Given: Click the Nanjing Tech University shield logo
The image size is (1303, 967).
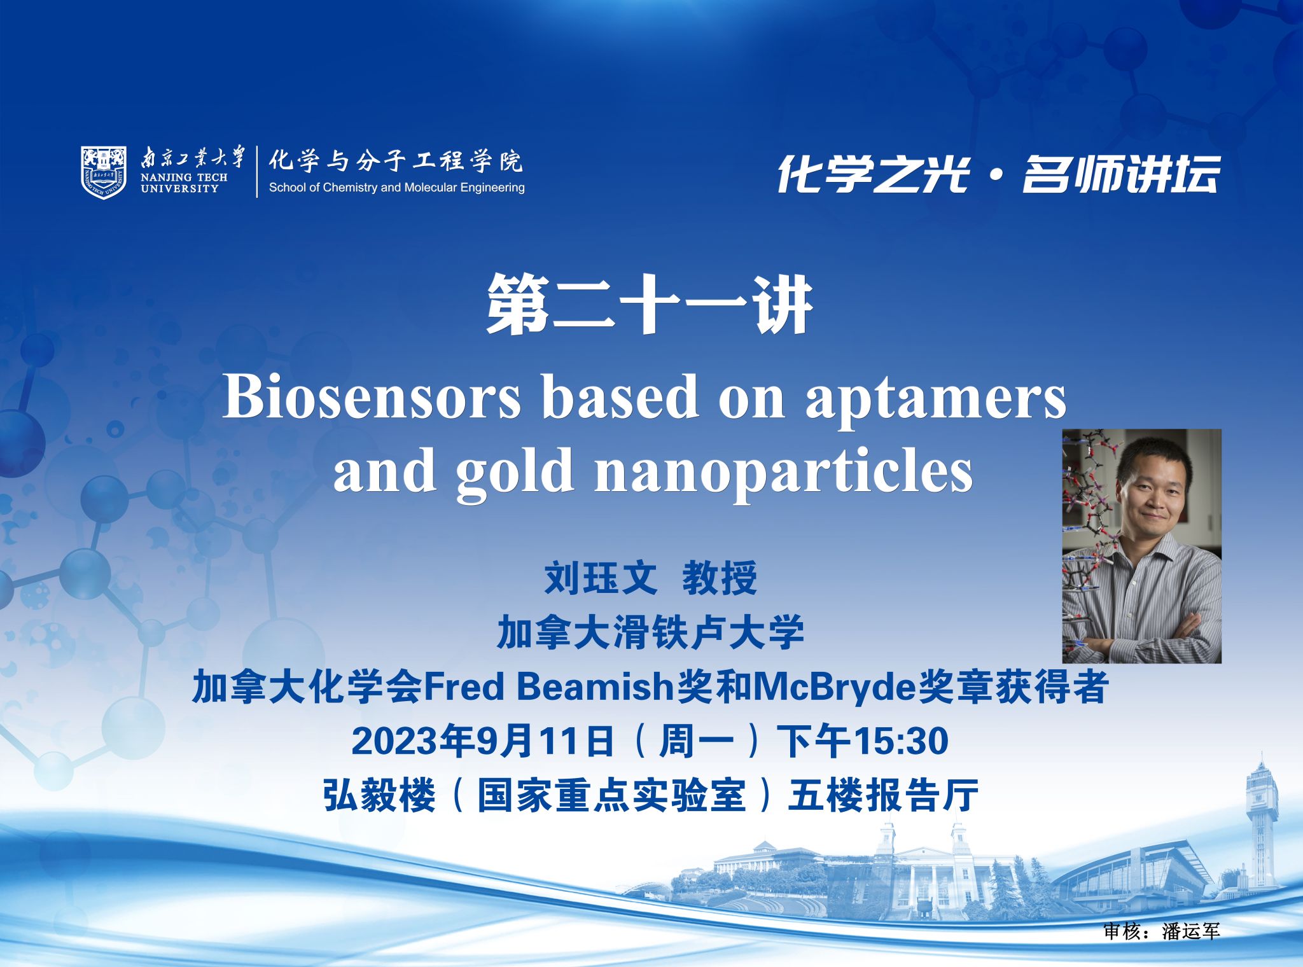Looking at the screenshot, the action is tap(104, 172).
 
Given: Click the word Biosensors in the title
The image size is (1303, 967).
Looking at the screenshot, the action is tap(372, 397).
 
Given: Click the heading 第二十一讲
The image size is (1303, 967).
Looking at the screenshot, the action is tap(650, 305).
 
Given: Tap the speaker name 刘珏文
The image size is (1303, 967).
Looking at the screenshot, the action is tap(601, 578).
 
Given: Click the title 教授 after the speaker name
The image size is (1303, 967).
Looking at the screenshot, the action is tap(720, 578).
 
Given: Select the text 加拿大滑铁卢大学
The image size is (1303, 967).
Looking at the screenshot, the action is tap(650, 632).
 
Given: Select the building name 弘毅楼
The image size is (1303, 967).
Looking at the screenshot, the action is tap(379, 795).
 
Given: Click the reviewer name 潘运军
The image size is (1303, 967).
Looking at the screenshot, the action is tap(1191, 931).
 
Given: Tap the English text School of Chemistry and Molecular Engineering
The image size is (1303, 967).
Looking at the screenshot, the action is tap(397, 188).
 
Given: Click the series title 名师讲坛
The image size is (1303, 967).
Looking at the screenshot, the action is tap(1121, 173).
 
